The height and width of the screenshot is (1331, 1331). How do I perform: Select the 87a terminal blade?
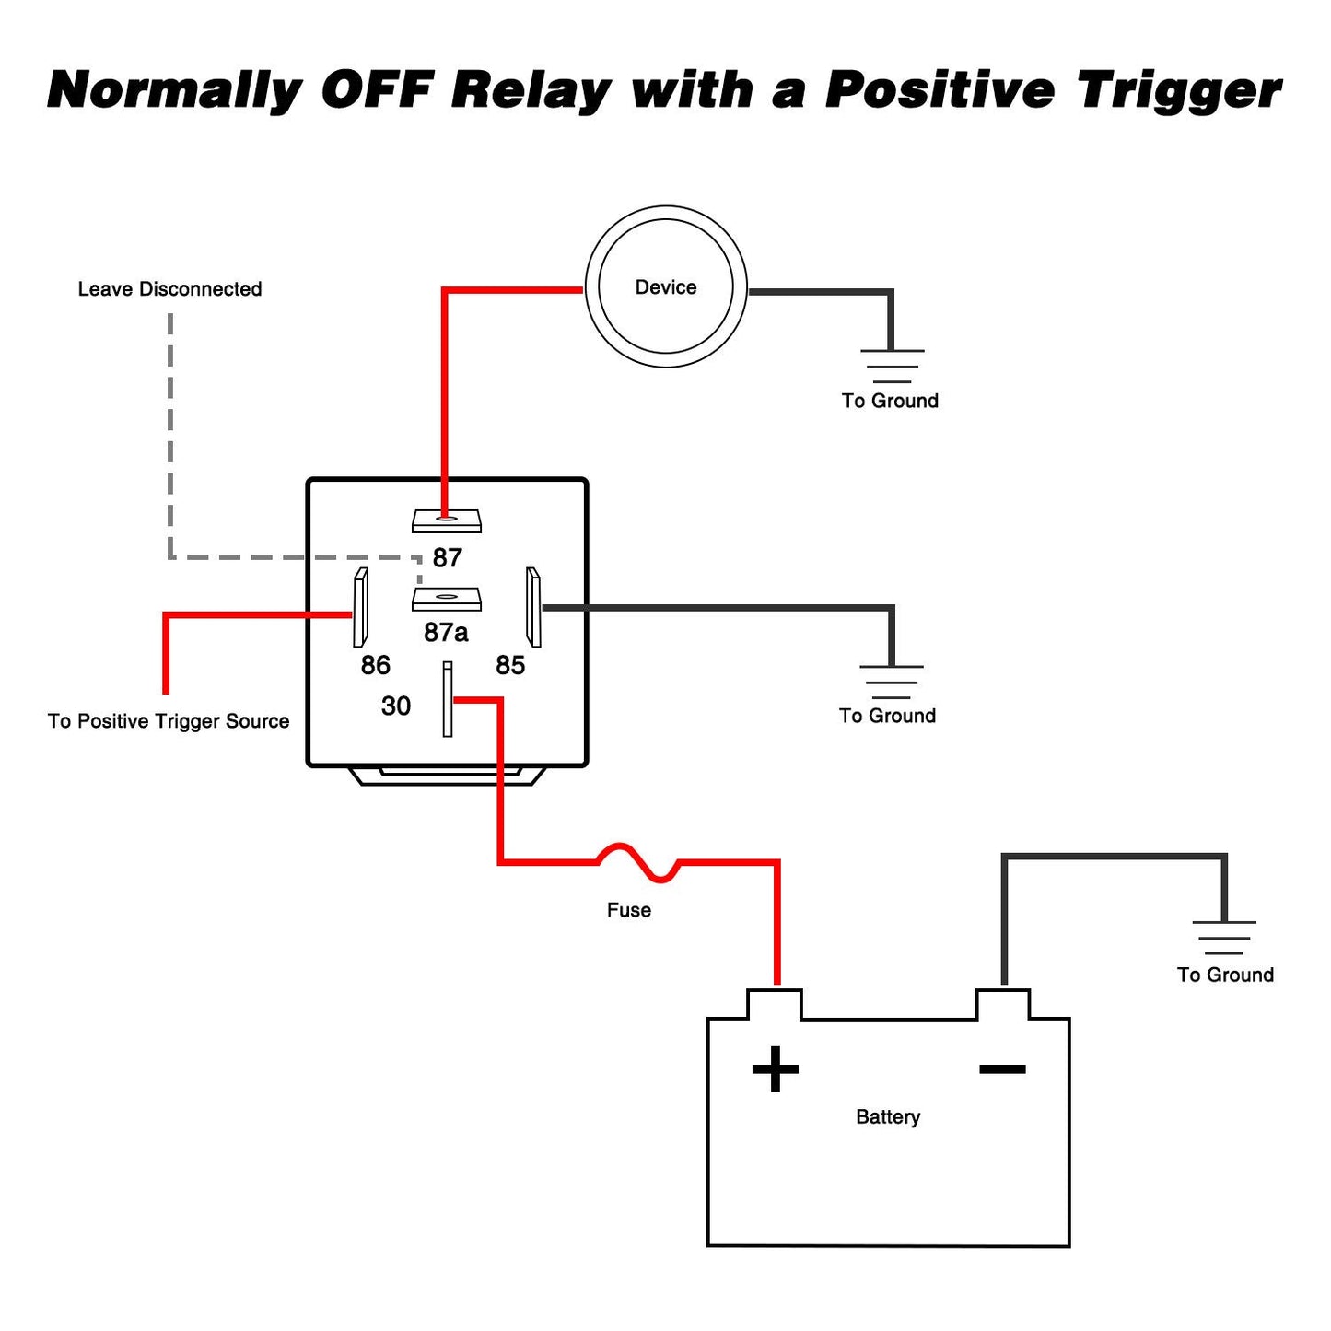[446, 599]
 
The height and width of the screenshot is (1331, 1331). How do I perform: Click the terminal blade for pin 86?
[360, 607]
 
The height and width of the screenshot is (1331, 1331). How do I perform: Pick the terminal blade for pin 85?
[533, 607]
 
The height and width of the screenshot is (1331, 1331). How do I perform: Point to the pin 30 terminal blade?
[448, 699]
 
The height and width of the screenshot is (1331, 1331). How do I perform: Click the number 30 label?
[396, 706]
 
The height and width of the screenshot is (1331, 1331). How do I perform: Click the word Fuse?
[628, 910]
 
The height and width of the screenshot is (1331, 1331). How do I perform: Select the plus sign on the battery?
[775, 1069]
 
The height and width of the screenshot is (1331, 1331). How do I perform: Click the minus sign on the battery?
[1002, 1069]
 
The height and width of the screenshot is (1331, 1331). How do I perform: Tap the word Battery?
[888, 1117]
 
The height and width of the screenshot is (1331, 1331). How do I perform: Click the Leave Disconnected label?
[169, 288]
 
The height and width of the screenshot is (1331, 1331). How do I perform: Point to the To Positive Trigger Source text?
[169, 721]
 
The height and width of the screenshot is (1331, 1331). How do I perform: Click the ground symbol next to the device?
[892, 366]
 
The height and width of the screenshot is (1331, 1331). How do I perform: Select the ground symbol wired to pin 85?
[891, 682]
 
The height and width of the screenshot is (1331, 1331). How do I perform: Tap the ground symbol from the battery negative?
[1224, 938]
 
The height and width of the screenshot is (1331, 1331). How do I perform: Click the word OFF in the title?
[377, 89]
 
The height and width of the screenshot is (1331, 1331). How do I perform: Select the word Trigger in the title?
[1180, 90]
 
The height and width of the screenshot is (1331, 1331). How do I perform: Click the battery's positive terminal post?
[775, 1005]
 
